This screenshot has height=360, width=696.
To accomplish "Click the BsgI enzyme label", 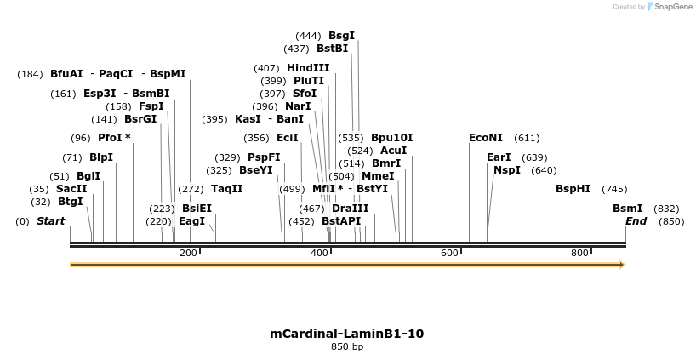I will [x=341, y=36].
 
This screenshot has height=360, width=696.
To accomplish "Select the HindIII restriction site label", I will [x=308, y=68].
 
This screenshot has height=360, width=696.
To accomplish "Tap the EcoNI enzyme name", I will [x=486, y=138].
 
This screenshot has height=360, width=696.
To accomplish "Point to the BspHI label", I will [x=573, y=189].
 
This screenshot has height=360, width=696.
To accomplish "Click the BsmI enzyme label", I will [x=628, y=209].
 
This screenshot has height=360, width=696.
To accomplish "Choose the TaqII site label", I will [x=227, y=189].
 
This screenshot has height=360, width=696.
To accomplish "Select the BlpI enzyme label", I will [x=101, y=157].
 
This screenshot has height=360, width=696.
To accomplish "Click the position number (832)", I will [x=666, y=209].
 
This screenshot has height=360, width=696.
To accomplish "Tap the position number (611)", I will [x=527, y=138].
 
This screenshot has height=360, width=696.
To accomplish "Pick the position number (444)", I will [x=308, y=36].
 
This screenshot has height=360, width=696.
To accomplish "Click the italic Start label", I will [x=50, y=221].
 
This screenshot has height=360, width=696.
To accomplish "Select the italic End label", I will [x=636, y=221].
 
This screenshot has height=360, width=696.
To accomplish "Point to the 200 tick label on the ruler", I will [x=188, y=253].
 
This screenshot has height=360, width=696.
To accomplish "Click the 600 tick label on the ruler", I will [x=449, y=253].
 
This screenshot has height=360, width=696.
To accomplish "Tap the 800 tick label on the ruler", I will [x=579, y=253].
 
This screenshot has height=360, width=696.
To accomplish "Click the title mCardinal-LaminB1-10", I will [x=347, y=334].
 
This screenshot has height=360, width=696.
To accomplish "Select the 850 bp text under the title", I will [x=347, y=347].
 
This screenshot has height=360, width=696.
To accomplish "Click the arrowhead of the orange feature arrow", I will [x=622, y=265].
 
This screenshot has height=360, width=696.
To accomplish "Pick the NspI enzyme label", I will [x=507, y=170].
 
